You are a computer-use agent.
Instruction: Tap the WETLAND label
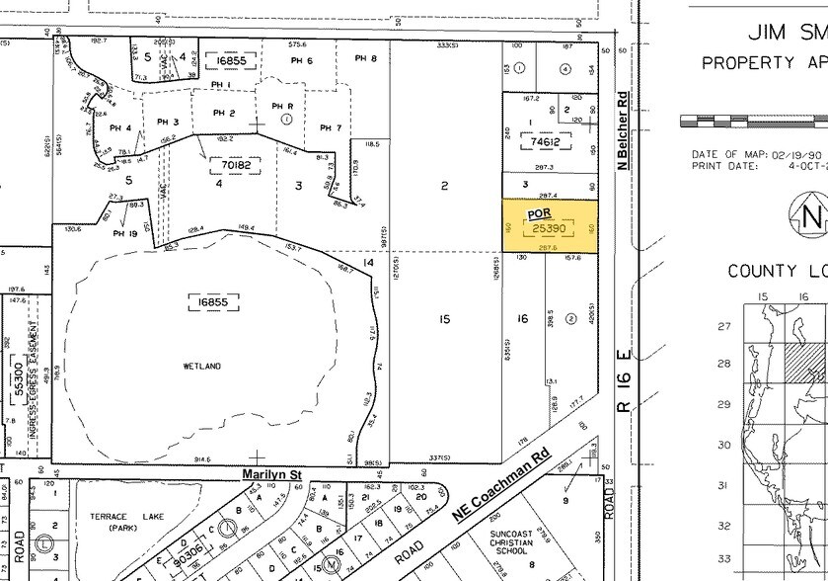(x=201, y=366)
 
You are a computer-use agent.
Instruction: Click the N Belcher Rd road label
(x=623, y=131)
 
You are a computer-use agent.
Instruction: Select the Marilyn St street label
(x=271, y=475)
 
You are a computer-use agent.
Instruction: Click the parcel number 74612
(x=553, y=142)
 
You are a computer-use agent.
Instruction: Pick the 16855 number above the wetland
(x=208, y=296)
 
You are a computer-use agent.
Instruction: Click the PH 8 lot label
(x=365, y=59)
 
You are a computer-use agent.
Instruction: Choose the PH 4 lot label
(x=120, y=127)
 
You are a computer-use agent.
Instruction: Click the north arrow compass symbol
(x=810, y=213)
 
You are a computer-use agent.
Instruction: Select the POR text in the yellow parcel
(x=539, y=212)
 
